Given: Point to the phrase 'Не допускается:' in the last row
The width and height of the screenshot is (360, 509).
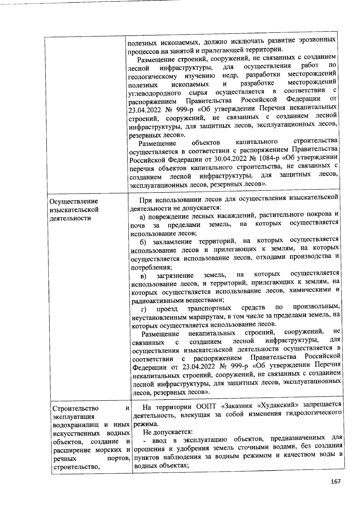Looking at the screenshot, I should [168, 432].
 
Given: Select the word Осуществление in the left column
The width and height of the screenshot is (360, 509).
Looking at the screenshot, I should [74, 201].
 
